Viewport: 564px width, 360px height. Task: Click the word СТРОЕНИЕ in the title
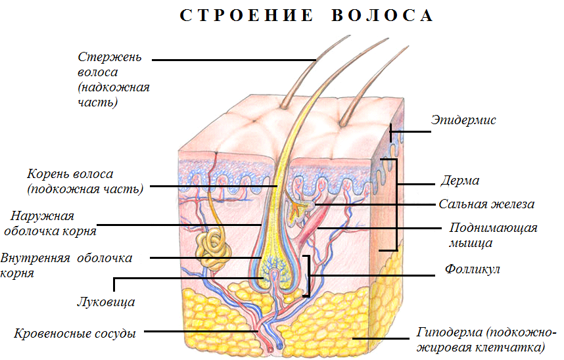pos(247,16)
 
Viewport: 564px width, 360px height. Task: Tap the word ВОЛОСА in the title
pos(383,16)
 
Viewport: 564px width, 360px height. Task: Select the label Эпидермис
pos(463,120)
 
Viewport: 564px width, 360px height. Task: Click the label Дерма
pos(460,181)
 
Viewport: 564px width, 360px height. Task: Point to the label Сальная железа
pos(486,204)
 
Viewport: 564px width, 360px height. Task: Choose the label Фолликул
pos(472,269)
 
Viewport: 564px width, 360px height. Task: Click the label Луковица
pos(106,302)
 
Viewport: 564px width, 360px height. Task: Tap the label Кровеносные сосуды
pos(75,334)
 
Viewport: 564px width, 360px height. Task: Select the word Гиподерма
pos(449,332)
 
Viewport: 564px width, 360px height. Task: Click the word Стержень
pos(110,57)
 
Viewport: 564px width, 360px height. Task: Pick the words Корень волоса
pos(70,175)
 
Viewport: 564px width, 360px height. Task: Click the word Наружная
pos(42,216)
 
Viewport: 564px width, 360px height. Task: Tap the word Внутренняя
pos(35,258)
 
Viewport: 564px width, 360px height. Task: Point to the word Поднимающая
pos(493,228)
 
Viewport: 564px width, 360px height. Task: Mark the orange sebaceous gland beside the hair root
pos(298,210)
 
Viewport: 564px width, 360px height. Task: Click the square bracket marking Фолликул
pos(308,276)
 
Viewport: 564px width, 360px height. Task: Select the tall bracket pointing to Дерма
pos(397,204)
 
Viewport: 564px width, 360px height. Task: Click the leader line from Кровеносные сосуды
pos(201,331)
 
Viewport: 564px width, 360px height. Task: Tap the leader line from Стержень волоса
pos(234,60)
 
